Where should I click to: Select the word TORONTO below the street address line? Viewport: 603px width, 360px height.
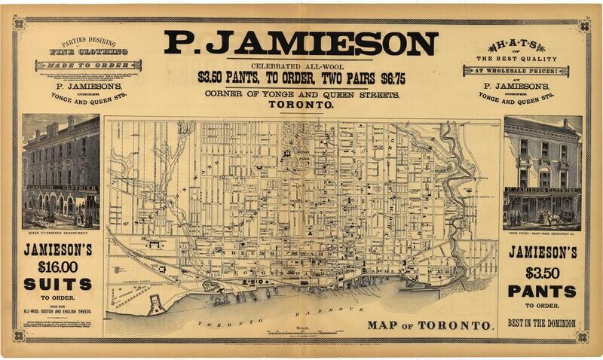point(301,105)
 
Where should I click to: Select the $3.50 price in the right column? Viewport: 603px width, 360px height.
point(541,271)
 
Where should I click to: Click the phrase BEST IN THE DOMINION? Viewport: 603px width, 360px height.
point(541,323)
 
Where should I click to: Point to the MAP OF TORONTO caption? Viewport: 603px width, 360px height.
point(430,326)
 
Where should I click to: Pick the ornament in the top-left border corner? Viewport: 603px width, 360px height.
point(19,23)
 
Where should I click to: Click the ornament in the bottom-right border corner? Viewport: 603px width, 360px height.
point(584,338)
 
